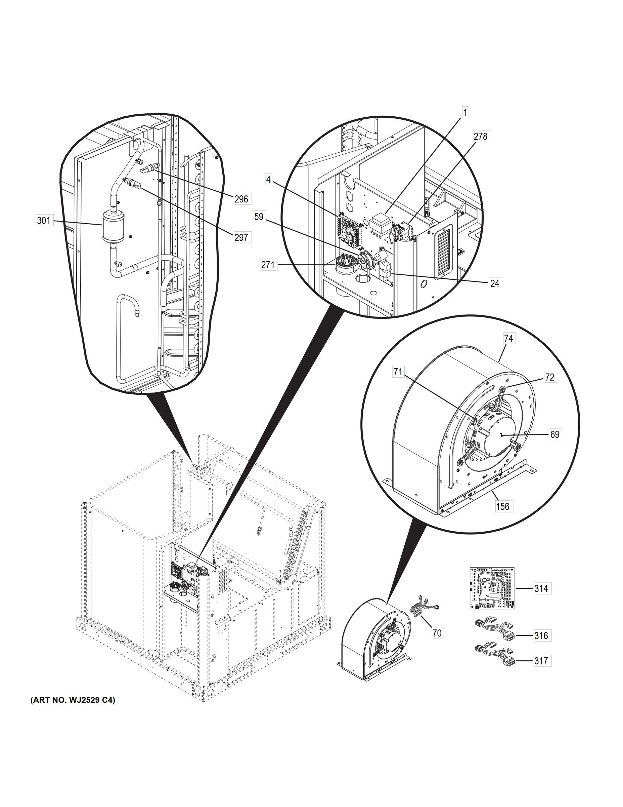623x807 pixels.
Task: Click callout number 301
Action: point(44,221)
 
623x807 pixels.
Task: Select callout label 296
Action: point(241,199)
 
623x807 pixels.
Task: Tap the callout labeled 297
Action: point(241,237)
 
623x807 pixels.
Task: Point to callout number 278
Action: point(481,136)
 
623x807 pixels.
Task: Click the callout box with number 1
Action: point(465,112)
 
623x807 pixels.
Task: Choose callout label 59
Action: point(259,217)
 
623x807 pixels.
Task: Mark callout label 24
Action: point(495,283)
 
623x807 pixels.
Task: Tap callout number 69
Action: point(555,434)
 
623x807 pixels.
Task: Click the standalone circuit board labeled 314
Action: point(492,588)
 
